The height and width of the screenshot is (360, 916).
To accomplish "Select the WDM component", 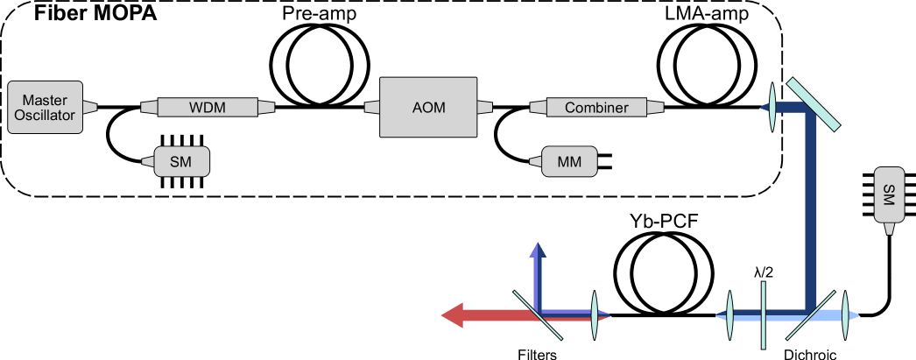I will (201, 108).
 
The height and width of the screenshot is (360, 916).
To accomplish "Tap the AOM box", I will (428, 108).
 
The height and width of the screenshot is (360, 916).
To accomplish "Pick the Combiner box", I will (595, 108).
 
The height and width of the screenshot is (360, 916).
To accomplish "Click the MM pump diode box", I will (569, 161).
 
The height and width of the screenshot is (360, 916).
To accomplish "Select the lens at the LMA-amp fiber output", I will (772, 108).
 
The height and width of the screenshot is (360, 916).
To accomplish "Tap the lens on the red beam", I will (594, 315).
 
